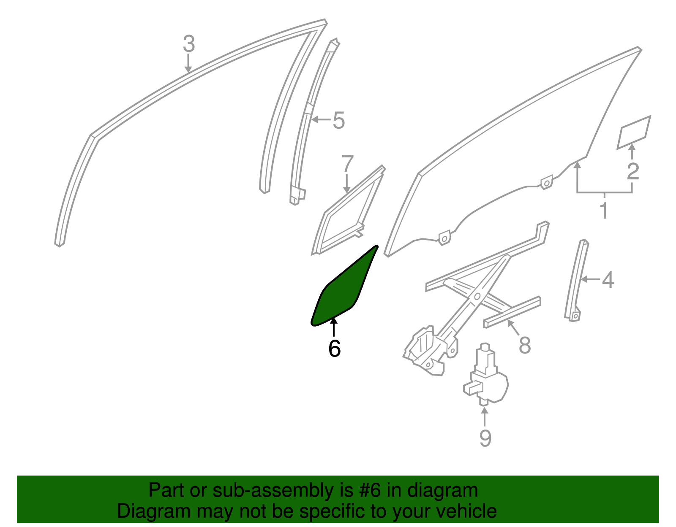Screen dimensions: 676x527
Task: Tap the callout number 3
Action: pyautogui.click(x=189, y=44)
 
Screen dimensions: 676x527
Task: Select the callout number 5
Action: pyautogui.click(x=339, y=121)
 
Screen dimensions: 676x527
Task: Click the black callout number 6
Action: pyautogui.click(x=335, y=349)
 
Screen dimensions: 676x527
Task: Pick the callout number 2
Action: pyautogui.click(x=633, y=171)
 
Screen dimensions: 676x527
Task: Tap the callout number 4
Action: pyautogui.click(x=608, y=280)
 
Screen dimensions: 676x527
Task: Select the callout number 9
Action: pyautogui.click(x=485, y=438)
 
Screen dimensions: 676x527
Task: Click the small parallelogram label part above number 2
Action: pyautogui.click(x=634, y=132)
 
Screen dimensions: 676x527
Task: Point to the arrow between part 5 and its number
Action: pyautogui.click(x=321, y=119)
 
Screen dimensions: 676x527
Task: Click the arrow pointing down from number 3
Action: pyautogui.click(x=188, y=64)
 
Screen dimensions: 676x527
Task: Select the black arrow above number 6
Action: pyautogui.click(x=333, y=327)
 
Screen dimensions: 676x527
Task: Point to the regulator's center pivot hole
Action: pyautogui.click(x=477, y=296)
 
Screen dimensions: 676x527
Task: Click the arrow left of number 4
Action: pyautogui.click(x=590, y=279)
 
